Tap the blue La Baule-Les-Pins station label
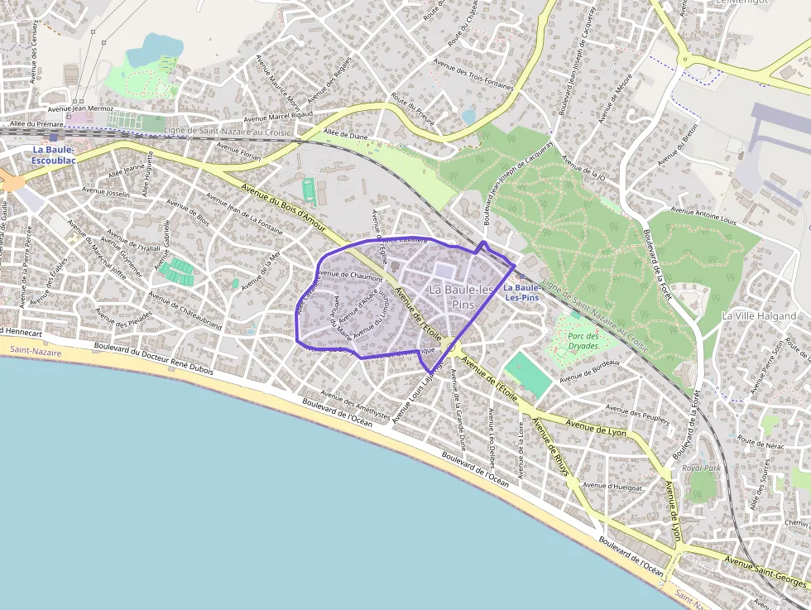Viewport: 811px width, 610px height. pyautogui.click(x=521, y=292)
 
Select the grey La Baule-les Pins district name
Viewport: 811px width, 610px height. pyautogui.click(x=461, y=296)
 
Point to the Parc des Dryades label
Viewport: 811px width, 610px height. pyautogui.click(x=588, y=340)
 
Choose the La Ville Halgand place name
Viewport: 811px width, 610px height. pyautogui.click(x=759, y=316)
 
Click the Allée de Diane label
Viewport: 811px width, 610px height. pyautogui.click(x=345, y=133)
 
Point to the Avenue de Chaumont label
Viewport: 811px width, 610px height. pyautogui.click(x=350, y=276)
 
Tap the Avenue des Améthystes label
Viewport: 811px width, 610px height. pyautogui.click(x=355, y=401)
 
